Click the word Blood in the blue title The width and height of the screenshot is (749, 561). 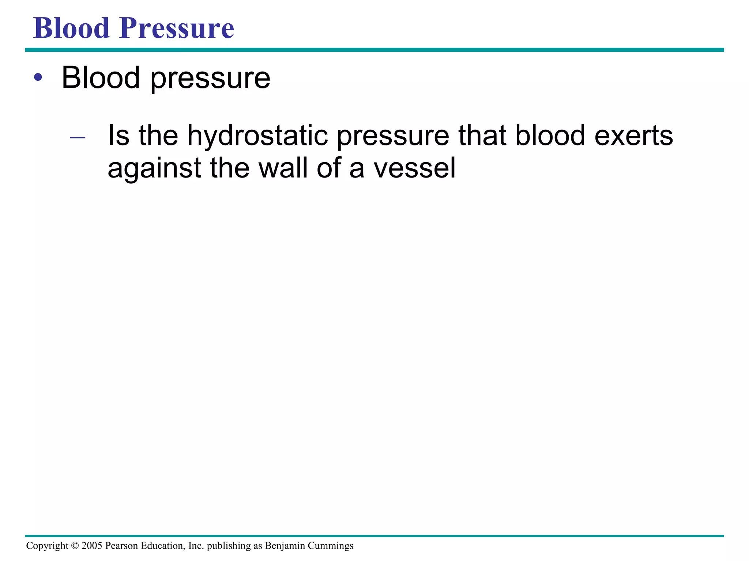point(71,28)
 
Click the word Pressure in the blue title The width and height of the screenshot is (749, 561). point(176,28)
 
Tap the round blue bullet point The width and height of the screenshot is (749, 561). point(38,77)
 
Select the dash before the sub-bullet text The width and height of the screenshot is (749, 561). point(78,138)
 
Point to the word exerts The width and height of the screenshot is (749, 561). point(633,136)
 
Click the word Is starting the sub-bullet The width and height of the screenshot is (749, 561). point(118,136)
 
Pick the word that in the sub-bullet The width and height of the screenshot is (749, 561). point(482,136)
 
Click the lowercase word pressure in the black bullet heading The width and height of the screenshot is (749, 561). point(210,79)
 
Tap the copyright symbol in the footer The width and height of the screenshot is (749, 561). point(75,546)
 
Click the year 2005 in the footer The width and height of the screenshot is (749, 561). point(92,546)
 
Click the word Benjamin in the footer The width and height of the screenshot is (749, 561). point(285,546)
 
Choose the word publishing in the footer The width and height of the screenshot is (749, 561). point(229,546)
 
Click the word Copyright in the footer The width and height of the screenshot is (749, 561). point(47,546)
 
